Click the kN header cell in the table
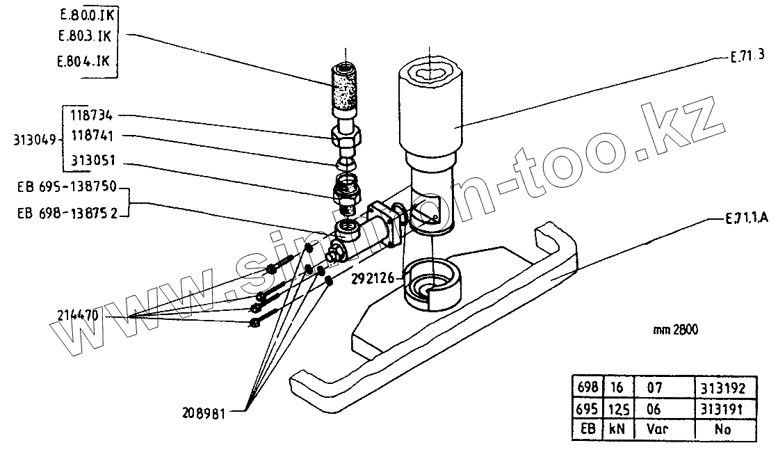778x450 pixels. (x=616, y=430)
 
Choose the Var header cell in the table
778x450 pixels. (x=657, y=430)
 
